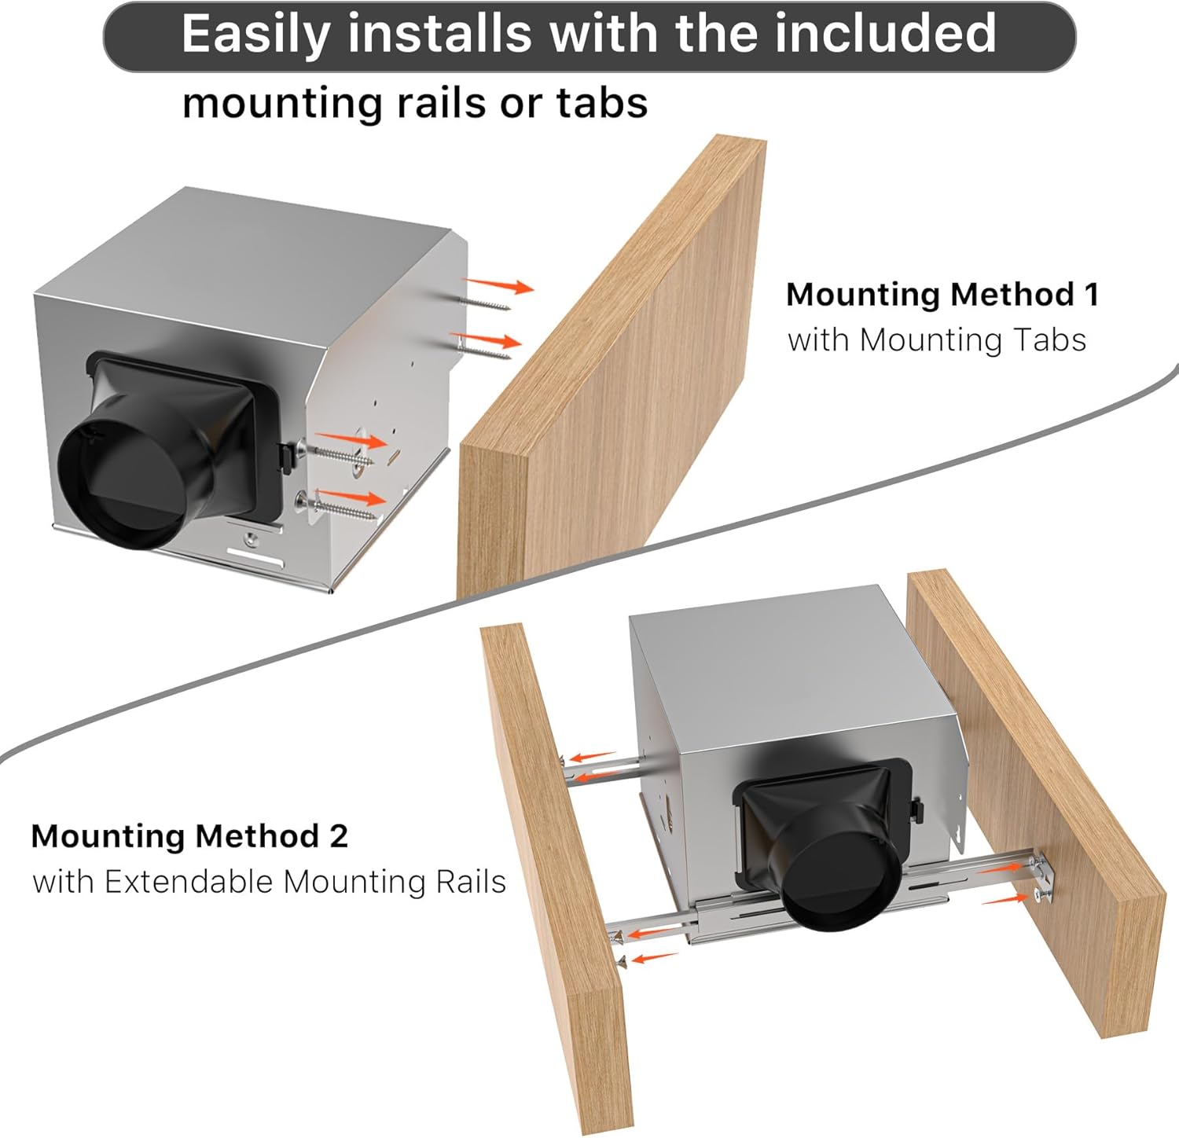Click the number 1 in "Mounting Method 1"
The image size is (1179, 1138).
[1091, 295]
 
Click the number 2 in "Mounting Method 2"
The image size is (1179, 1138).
[339, 835]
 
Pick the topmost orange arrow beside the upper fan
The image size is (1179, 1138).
[498, 284]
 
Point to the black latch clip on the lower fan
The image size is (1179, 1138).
[916, 812]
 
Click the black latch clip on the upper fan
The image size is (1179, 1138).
[288, 454]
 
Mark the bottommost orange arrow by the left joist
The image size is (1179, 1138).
[654, 957]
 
